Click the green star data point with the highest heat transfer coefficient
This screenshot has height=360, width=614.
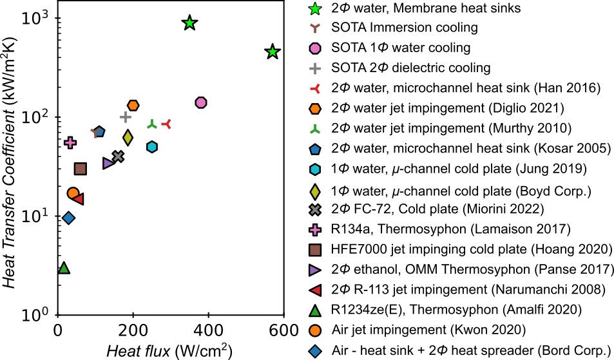tap(189, 23)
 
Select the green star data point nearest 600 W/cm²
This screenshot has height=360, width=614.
tap(273, 52)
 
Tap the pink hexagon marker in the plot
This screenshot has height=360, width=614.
tap(200, 102)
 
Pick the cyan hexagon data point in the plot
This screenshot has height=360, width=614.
tap(152, 147)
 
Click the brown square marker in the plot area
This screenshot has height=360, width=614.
tap(81, 169)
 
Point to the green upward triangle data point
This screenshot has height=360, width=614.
tap(63, 267)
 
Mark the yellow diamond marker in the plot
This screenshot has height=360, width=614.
tap(128, 137)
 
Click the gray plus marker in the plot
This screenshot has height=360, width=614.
tap(126, 117)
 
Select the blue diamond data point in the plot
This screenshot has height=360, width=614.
tap(69, 218)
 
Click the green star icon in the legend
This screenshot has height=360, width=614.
tap(315, 8)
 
